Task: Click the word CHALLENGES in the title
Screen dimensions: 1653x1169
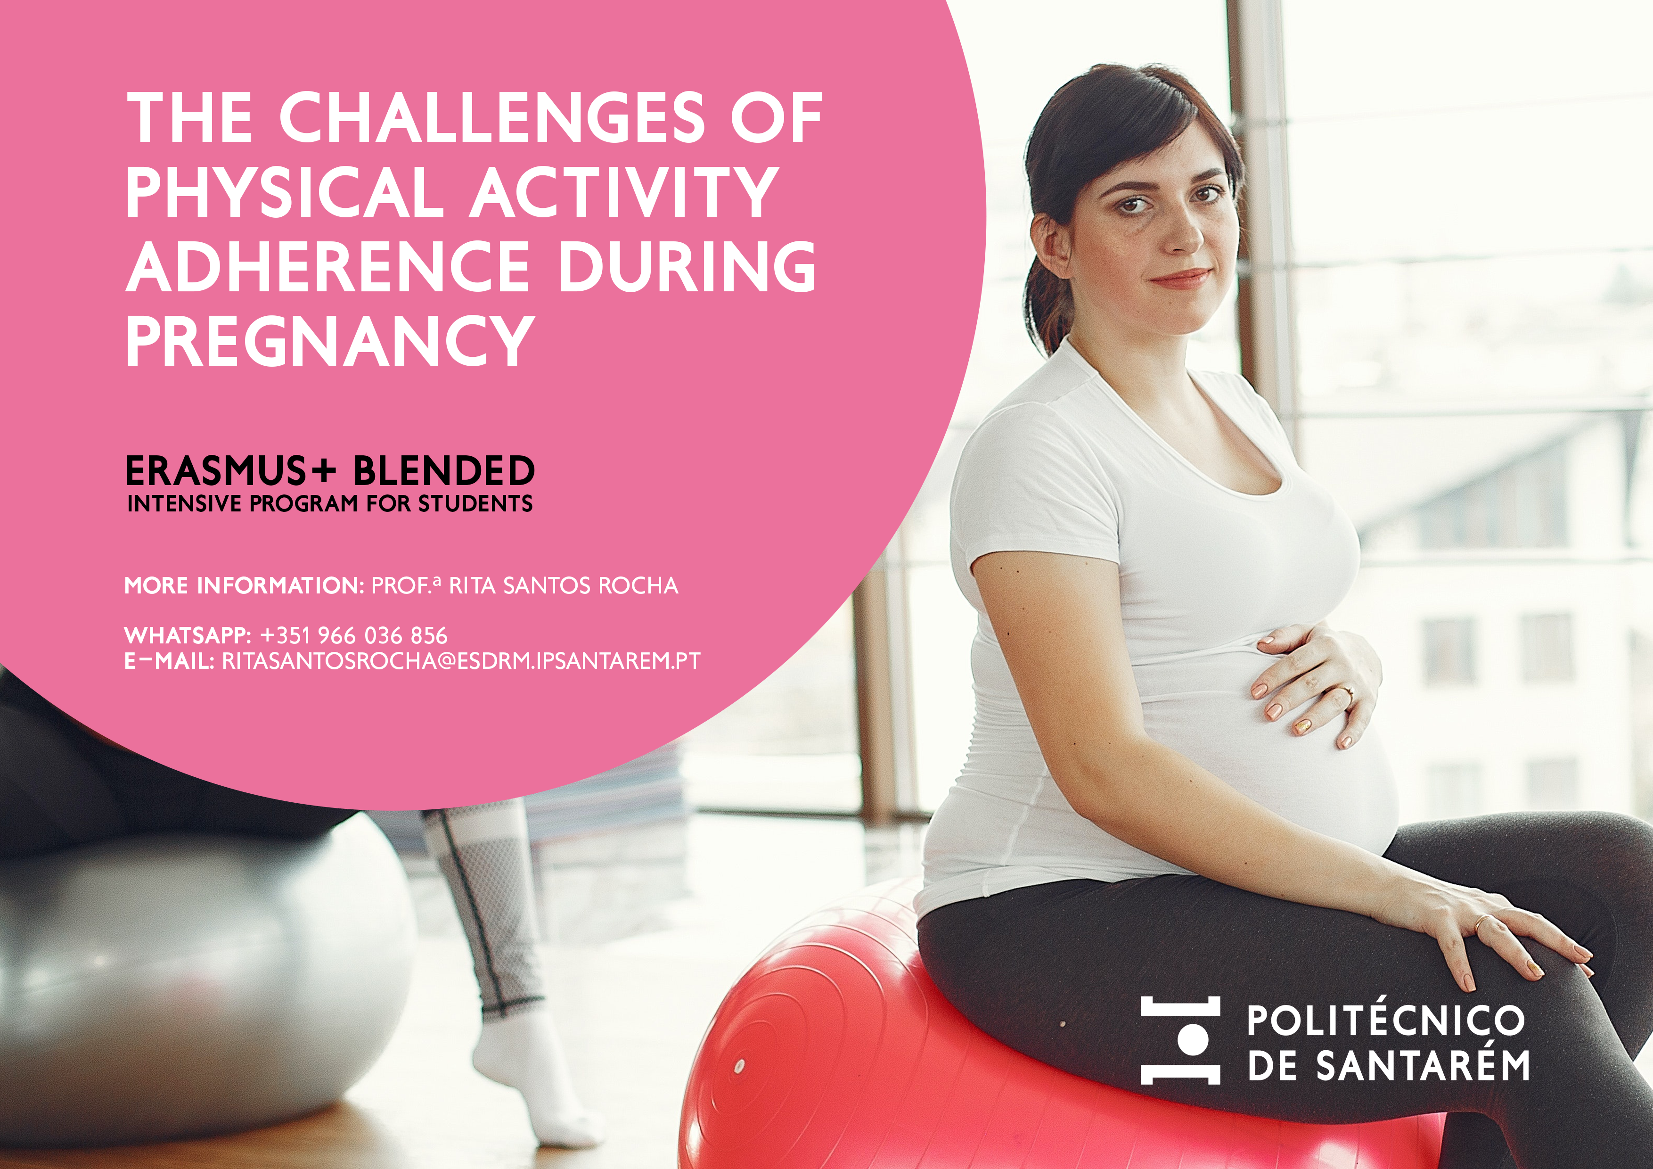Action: [492, 117]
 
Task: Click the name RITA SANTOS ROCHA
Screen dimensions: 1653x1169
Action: [564, 585]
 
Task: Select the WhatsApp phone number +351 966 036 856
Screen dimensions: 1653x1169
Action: [353, 635]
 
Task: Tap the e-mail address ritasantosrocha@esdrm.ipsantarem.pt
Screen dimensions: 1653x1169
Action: [461, 661]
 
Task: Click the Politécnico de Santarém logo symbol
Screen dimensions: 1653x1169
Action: [1180, 1040]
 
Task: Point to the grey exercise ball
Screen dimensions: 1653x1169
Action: [195, 980]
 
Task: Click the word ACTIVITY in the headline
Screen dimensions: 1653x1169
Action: [624, 192]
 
